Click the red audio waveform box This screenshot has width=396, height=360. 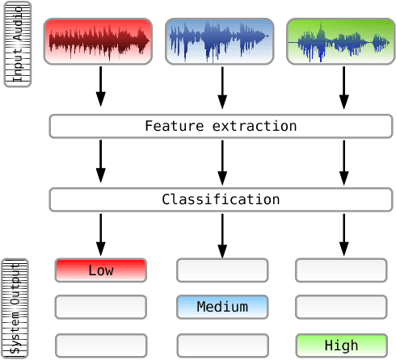tap(98, 41)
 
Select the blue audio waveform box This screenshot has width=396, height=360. tap(219, 41)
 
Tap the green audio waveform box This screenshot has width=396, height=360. tap(340, 41)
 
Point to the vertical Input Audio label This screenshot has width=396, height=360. tap(18, 44)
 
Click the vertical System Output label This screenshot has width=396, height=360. tap(16, 308)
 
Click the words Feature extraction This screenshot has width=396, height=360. tap(221, 127)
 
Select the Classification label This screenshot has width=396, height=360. tap(221, 199)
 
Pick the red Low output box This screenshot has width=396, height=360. tap(100, 270)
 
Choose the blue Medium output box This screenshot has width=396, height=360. tap(221, 307)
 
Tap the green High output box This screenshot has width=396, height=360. tap(340, 345)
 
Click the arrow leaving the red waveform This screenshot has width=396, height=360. tap(100, 86)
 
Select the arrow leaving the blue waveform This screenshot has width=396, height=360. tap(221, 86)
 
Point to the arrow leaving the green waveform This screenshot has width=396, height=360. tap(343, 86)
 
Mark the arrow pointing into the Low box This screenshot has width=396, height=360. tap(100, 234)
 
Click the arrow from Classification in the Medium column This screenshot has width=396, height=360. tap(221, 234)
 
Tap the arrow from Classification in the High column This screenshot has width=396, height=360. tap(343, 234)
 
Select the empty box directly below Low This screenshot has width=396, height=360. tap(100, 307)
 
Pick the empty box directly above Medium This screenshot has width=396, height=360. tap(221, 270)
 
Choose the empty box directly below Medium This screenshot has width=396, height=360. tap(221, 345)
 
